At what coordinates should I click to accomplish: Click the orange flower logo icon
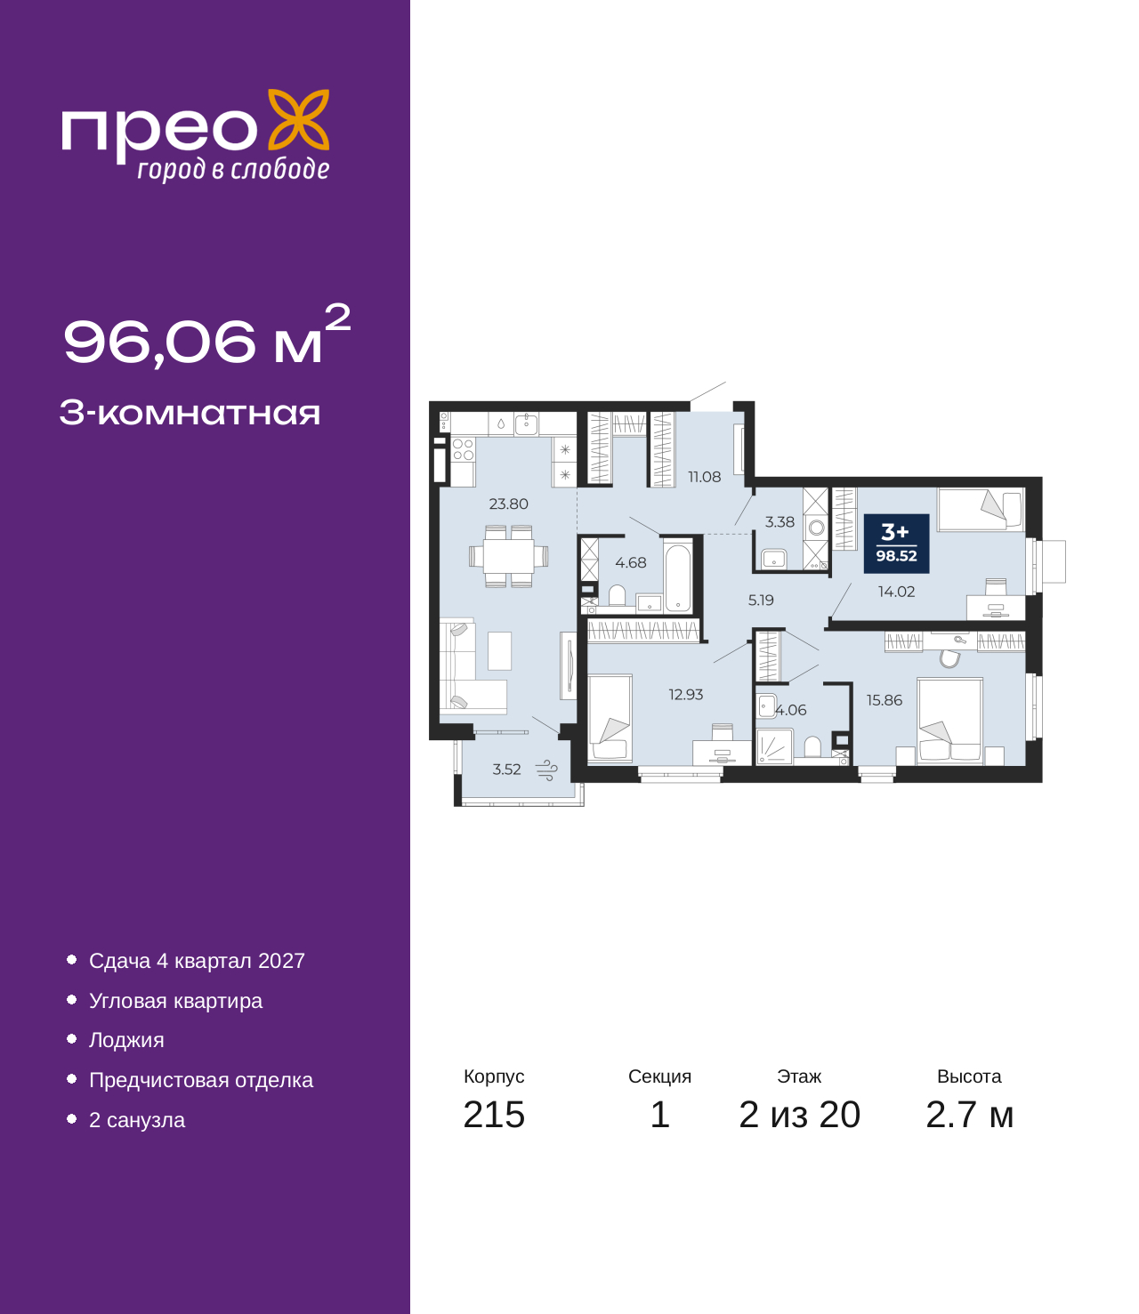pos(298,119)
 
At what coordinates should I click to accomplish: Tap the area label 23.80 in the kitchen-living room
pos(508,504)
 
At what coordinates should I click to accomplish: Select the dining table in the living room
pos(508,556)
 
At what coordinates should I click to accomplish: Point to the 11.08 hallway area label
pos(704,476)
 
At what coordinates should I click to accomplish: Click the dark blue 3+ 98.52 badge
pos(896,543)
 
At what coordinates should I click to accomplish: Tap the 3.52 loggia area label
pos(506,770)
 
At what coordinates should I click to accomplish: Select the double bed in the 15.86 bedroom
pos(949,720)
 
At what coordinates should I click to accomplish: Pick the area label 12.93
pos(685,694)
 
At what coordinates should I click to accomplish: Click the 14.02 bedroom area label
pos(896,592)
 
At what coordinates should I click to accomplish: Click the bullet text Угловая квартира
pos(175,1001)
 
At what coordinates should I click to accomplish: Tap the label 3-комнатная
pos(190,413)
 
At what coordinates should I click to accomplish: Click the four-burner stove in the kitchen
pos(463,449)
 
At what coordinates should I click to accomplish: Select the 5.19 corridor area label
pos(761,601)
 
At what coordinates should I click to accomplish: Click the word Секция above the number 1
pos(659,1076)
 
